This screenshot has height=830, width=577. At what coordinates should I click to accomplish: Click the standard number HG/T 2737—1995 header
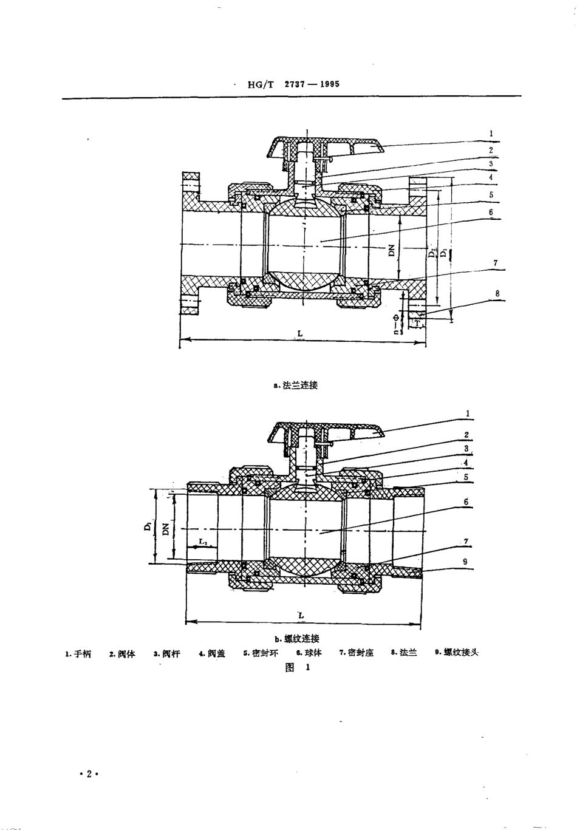(293, 84)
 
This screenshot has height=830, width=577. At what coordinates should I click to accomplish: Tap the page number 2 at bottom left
(89, 774)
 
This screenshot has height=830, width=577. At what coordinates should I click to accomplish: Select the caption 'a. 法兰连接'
(296, 385)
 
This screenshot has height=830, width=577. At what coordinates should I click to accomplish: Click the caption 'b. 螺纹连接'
(297, 638)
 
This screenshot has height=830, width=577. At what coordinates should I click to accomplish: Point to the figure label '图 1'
(298, 667)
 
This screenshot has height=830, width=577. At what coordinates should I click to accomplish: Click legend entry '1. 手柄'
(78, 653)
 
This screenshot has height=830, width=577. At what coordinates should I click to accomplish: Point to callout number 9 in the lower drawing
(465, 562)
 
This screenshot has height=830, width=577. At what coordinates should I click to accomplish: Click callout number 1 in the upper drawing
(491, 134)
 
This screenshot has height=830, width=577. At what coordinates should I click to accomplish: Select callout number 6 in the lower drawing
(466, 502)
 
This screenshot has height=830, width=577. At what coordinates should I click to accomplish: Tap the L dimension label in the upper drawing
(300, 333)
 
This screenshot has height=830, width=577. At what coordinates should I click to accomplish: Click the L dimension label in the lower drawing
(301, 615)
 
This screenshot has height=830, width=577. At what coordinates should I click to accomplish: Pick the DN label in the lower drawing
(166, 529)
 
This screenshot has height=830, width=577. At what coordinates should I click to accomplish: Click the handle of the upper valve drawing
(352, 146)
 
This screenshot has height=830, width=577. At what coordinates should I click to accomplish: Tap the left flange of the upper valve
(190, 243)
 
